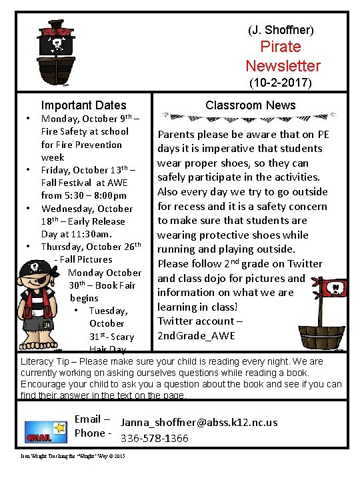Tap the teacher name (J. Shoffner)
pos(281,30)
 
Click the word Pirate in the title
pos(281,47)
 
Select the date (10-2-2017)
pos(280,84)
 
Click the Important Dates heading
pos(83,105)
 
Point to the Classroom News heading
pos(251,105)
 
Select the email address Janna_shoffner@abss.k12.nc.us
pos(199,423)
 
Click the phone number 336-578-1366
pos(154,438)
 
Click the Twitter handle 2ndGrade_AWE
pos(196,335)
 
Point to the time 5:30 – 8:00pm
pos(93,195)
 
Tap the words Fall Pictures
pos(87,259)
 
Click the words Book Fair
pos(118,285)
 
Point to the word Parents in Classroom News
pos(176,135)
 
